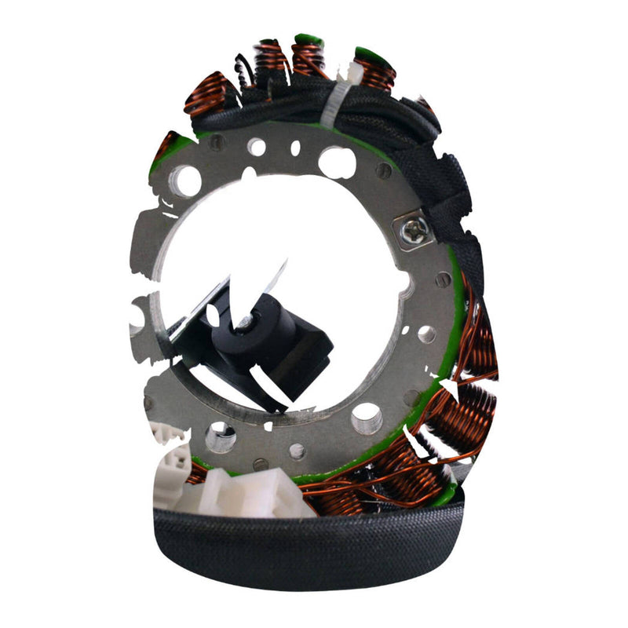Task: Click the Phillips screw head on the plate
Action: (x=414, y=230)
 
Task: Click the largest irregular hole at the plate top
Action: (x=337, y=161)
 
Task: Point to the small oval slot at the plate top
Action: (x=295, y=148)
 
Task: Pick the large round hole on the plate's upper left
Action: (x=188, y=181)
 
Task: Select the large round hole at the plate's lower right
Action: (x=366, y=418)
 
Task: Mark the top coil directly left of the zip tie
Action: (x=308, y=58)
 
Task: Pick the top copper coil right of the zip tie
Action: (x=375, y=72)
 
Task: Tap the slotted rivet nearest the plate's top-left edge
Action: (x=216, y=143)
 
